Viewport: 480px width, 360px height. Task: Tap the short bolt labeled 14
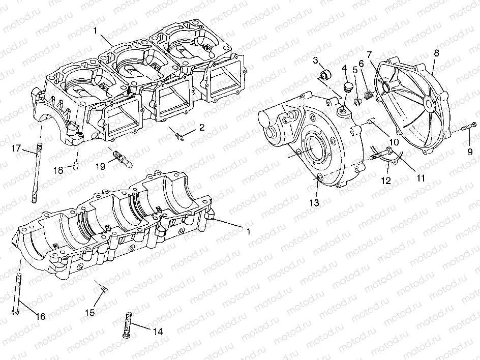click(128, 324)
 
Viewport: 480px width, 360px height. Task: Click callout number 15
click(90, 313)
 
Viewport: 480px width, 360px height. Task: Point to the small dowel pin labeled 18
click(75, 165)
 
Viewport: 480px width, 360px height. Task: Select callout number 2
click(202, 128)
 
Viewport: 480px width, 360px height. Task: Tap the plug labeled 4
click(347, 86)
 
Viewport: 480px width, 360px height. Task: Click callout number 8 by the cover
click(436, 52)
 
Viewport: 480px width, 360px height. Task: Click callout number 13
click(316, 203)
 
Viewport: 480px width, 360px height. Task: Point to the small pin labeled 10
click(370, 121)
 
